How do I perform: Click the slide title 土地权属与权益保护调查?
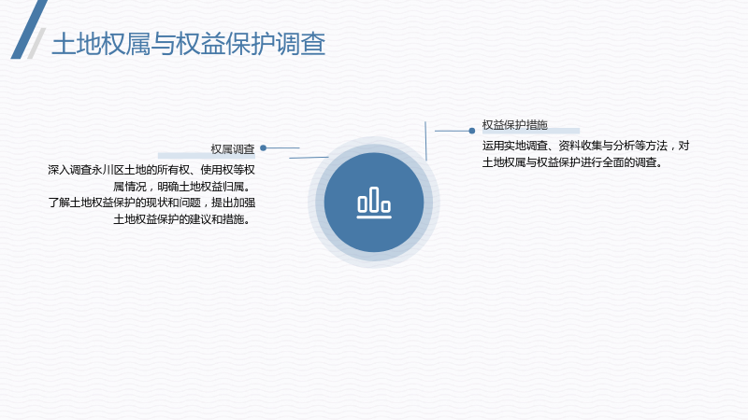coord(189,44)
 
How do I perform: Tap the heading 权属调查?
coord(233,149)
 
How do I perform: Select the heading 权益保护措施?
coord(515,125)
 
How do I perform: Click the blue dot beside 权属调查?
coord(263,148)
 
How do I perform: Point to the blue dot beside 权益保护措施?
coord(472,131)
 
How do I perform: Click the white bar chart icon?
coord(374,203)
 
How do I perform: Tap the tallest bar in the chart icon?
coord(374,199)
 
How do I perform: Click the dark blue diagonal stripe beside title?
coord(29,30)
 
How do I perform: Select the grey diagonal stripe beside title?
coord(36,43)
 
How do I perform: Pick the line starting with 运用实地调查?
coord(586,146)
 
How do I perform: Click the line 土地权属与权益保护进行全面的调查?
coord(572,162)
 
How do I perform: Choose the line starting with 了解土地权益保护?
coord(151,203)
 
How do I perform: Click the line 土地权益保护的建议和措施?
coord(181,219)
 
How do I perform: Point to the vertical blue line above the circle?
coord(425,141)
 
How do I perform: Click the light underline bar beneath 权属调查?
coord(206,156)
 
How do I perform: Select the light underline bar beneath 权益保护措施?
coord(531,131)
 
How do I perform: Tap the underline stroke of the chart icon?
coord(374,217)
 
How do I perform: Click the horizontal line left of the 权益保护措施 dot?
coord(452,131)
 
